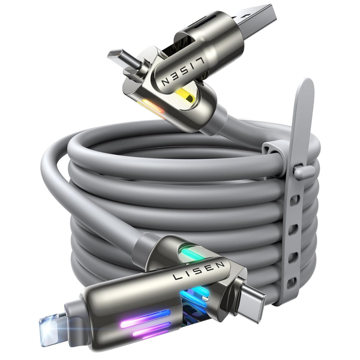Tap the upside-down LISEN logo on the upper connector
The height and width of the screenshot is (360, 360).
tap(182, 71)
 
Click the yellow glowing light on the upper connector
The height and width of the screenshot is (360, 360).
tap(187, 96)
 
